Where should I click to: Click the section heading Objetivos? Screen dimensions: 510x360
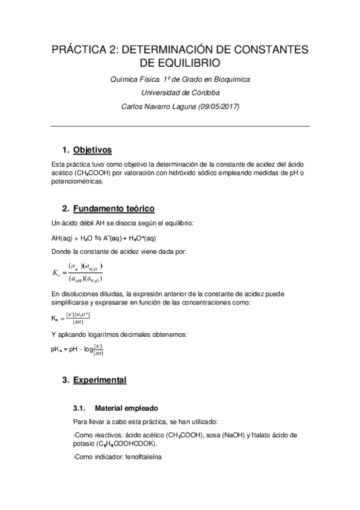pos(92,149)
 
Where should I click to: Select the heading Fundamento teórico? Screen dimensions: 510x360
pos(114,209)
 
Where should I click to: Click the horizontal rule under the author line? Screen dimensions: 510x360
pos(180,126)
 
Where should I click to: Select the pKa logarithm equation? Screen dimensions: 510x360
pos(78,349)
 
